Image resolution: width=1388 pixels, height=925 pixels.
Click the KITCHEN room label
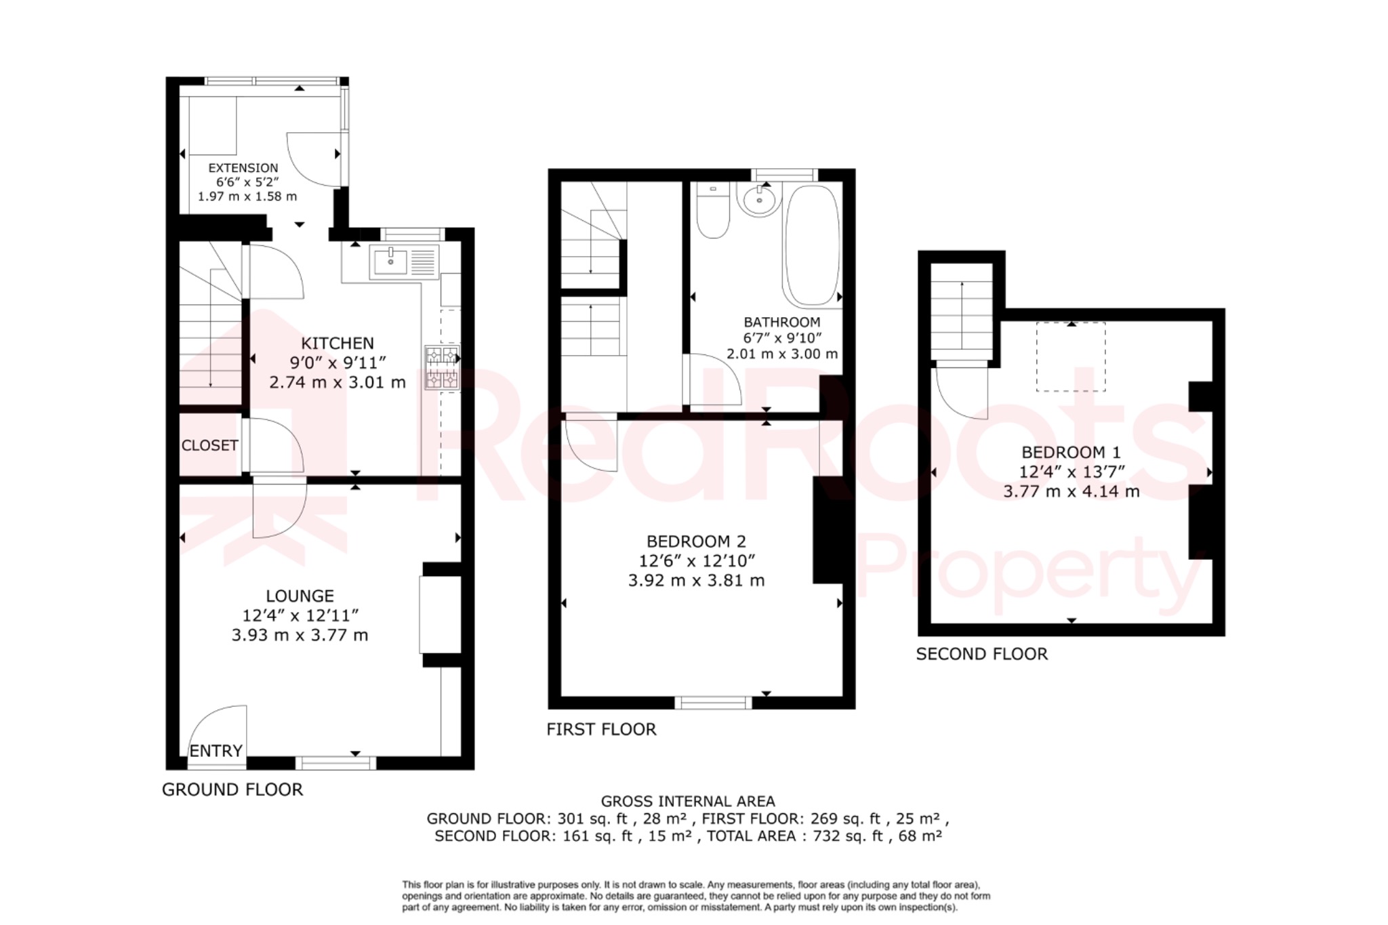pyautogui.click(x=337, y=344)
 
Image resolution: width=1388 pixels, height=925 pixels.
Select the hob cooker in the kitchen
pyautogui.click(x=442, y=368)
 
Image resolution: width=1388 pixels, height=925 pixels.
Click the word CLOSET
pyautogui.click(x=209, y=445)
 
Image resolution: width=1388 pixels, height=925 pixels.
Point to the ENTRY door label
pyautogui.click(x=216, y=751)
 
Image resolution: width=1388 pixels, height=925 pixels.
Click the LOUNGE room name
pyautogui.click(x=300, y=596)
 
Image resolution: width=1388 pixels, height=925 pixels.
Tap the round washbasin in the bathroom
pyautogui.click(x=759, y=199)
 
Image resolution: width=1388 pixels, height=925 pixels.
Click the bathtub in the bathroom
pyautogui.click(x=812, y=245)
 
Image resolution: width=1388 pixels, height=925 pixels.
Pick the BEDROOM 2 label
pyautogui.click(x=696, y=541)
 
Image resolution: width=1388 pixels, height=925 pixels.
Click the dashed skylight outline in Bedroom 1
pyautogui.click(x=1071, y=357)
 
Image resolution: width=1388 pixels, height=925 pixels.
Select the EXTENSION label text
pyautogui.click(x=243, y=168)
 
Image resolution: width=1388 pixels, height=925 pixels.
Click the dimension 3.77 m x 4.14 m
pyautogui.click(x=1071, y=491)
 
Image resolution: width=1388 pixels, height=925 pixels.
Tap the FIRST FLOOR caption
pyautogui.click(x=601, y=729)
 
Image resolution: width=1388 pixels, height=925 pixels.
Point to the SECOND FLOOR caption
pyautogui.click(x=981, y=654)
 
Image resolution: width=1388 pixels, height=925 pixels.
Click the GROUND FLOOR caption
pyautogui.click(x=232, y=789)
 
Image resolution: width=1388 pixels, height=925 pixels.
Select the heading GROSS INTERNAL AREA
pyautogui.click(x=688, y=802)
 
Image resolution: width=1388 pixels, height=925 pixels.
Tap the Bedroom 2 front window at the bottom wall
pyautogui.click(x=713, y=703)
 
